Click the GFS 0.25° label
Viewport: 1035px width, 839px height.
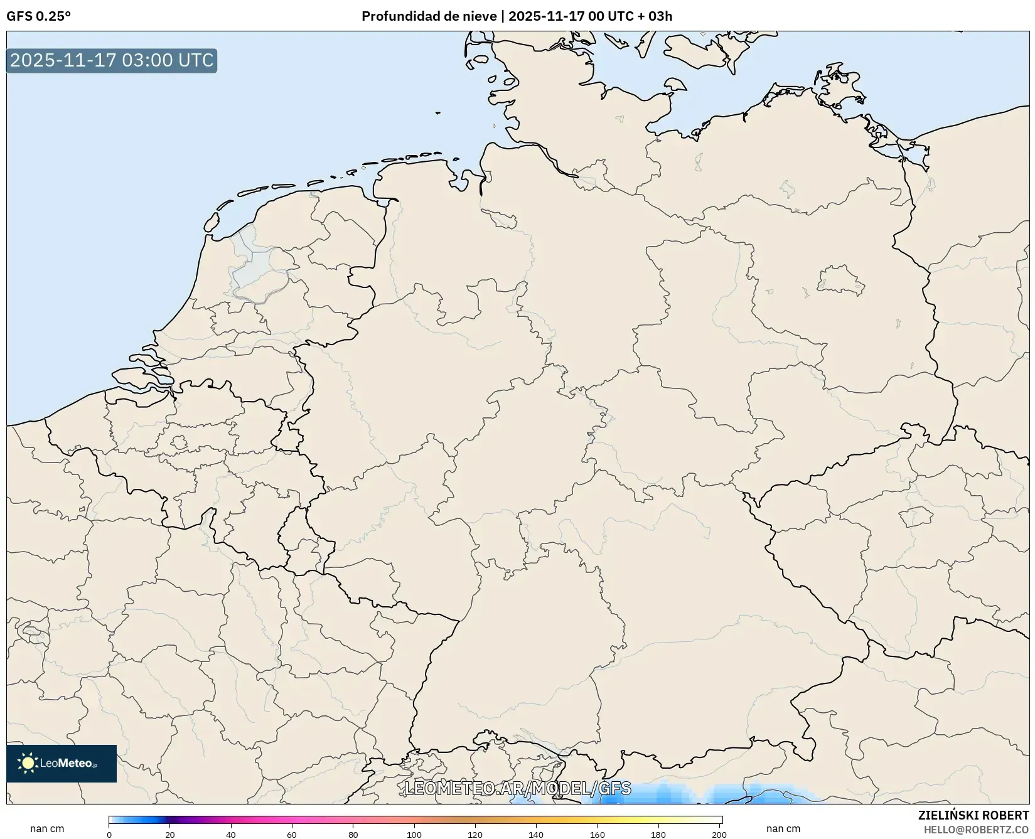(38, 16)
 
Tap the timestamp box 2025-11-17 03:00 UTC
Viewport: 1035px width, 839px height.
(112, 60)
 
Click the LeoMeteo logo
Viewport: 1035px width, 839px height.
(62, 763)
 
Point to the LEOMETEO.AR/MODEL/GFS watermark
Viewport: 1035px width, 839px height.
(517, 788)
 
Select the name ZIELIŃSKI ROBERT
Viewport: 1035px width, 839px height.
(973, 815)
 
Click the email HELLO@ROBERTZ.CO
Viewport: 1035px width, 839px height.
(976, 830)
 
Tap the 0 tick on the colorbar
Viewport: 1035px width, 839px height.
(109, 835)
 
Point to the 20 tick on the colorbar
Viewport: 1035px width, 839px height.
(170, 835)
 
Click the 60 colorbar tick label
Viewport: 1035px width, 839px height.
(292, 835)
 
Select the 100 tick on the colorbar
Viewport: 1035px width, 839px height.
(414, 835)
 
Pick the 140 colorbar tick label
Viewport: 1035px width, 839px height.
(536, 835)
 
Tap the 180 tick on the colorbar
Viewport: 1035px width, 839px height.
(658, 835)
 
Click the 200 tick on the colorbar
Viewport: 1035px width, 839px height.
(719, 835)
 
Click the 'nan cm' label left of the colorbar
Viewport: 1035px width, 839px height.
(47, 829)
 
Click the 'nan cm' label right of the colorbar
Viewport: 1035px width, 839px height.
(783, 829)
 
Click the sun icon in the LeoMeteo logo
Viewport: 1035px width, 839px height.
(28, 763)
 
